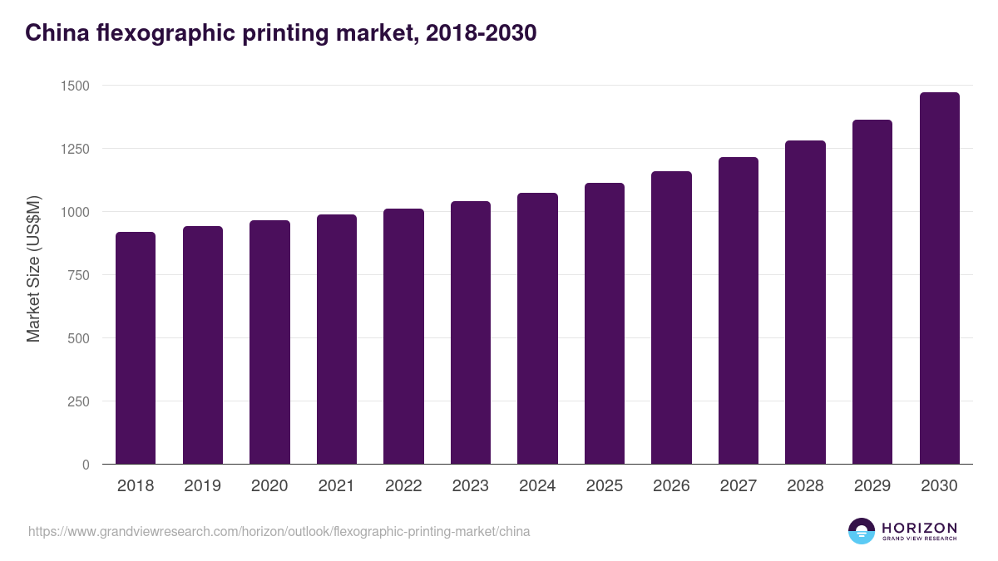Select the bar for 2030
tap(940, 278)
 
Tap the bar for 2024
tap(537, 328)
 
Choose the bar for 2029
tap(872, 292)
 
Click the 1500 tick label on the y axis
tap(74, 86)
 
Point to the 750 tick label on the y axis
tap(78, 275)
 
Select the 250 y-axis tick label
tap(78, 401)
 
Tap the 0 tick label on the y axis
tap(86, 465)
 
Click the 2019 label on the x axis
tap(202, 486)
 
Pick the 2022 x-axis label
tap(403, 486)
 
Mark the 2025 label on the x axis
tap(605, 486)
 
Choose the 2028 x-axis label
tap(805, 486)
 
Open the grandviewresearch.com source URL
tap(279, 531)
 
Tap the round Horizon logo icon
tap(862, 531)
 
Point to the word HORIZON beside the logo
tap(919, 528)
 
